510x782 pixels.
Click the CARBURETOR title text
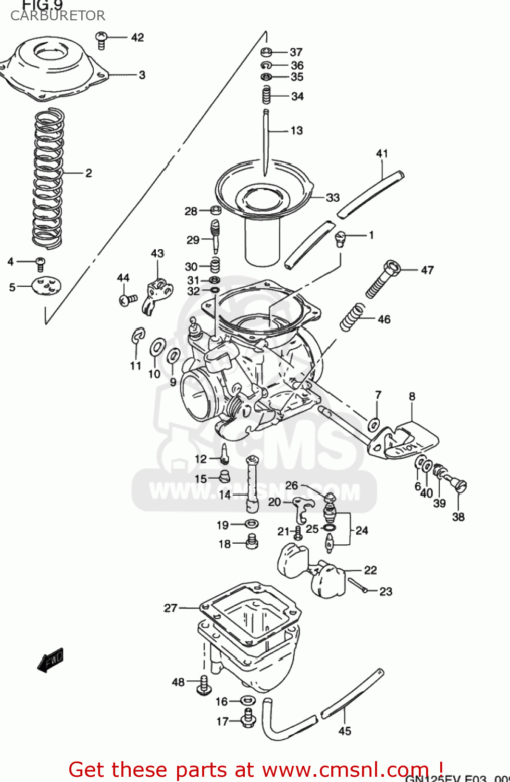click(x=58, y=16)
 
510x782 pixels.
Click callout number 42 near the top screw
click(x=138, y=38)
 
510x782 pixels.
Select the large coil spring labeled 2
click(x=48, y=177)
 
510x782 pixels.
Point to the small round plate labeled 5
click(x=46, y=286)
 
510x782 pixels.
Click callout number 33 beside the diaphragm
click(x=333, y=198)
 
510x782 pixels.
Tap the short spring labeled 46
click(x=353, y=317)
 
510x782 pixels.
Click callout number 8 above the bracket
click(x=412, y=397)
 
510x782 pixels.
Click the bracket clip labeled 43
click(x=156, y=295)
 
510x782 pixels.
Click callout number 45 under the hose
click(x=345, y=731)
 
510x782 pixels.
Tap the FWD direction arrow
click(x=51, y=659)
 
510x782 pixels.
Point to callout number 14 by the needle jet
click(x=225, y=495)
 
